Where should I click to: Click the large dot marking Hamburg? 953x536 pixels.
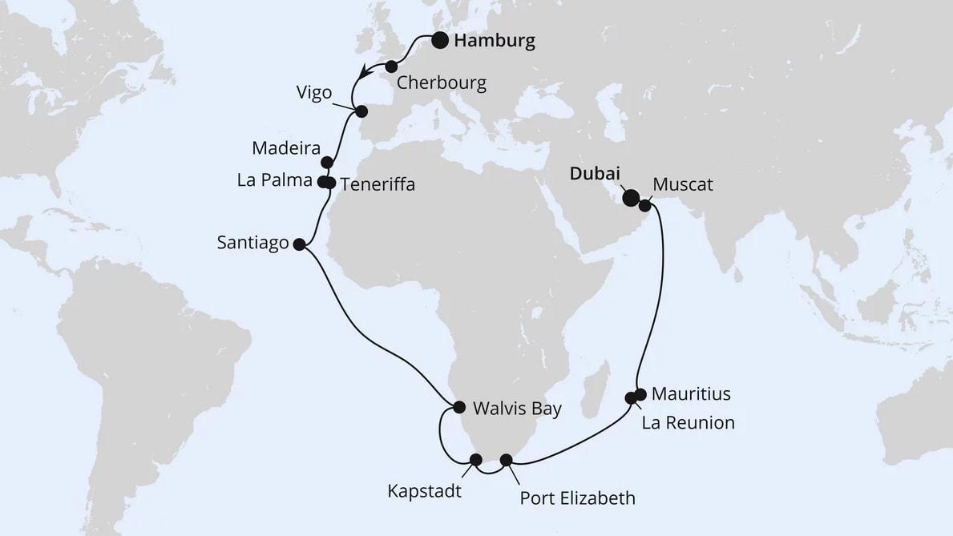tap(440, 41)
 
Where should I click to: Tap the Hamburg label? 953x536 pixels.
tap(494, 42)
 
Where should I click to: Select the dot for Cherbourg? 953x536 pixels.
tap(391, 66)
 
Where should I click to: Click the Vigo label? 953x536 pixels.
tap(313, 94)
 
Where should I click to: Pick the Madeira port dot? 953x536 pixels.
tap(326, 162)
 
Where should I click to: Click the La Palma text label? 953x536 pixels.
tap(274, 180)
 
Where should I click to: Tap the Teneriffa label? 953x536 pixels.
tap(378, 184)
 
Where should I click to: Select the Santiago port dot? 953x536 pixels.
tap(299, 245)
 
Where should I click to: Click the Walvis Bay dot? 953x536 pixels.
tap(459, 407)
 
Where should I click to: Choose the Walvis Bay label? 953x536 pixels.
tap(517, 409)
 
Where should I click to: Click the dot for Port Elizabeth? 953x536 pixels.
tap(506, 460)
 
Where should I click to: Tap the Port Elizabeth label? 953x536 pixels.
tap(577, 498)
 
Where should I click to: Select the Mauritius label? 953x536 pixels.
tap(691, 394)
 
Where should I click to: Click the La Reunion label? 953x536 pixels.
tap(688, 423)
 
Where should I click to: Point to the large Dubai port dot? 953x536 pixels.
tap(631, 197)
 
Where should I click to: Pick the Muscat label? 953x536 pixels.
tap(682, 185)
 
